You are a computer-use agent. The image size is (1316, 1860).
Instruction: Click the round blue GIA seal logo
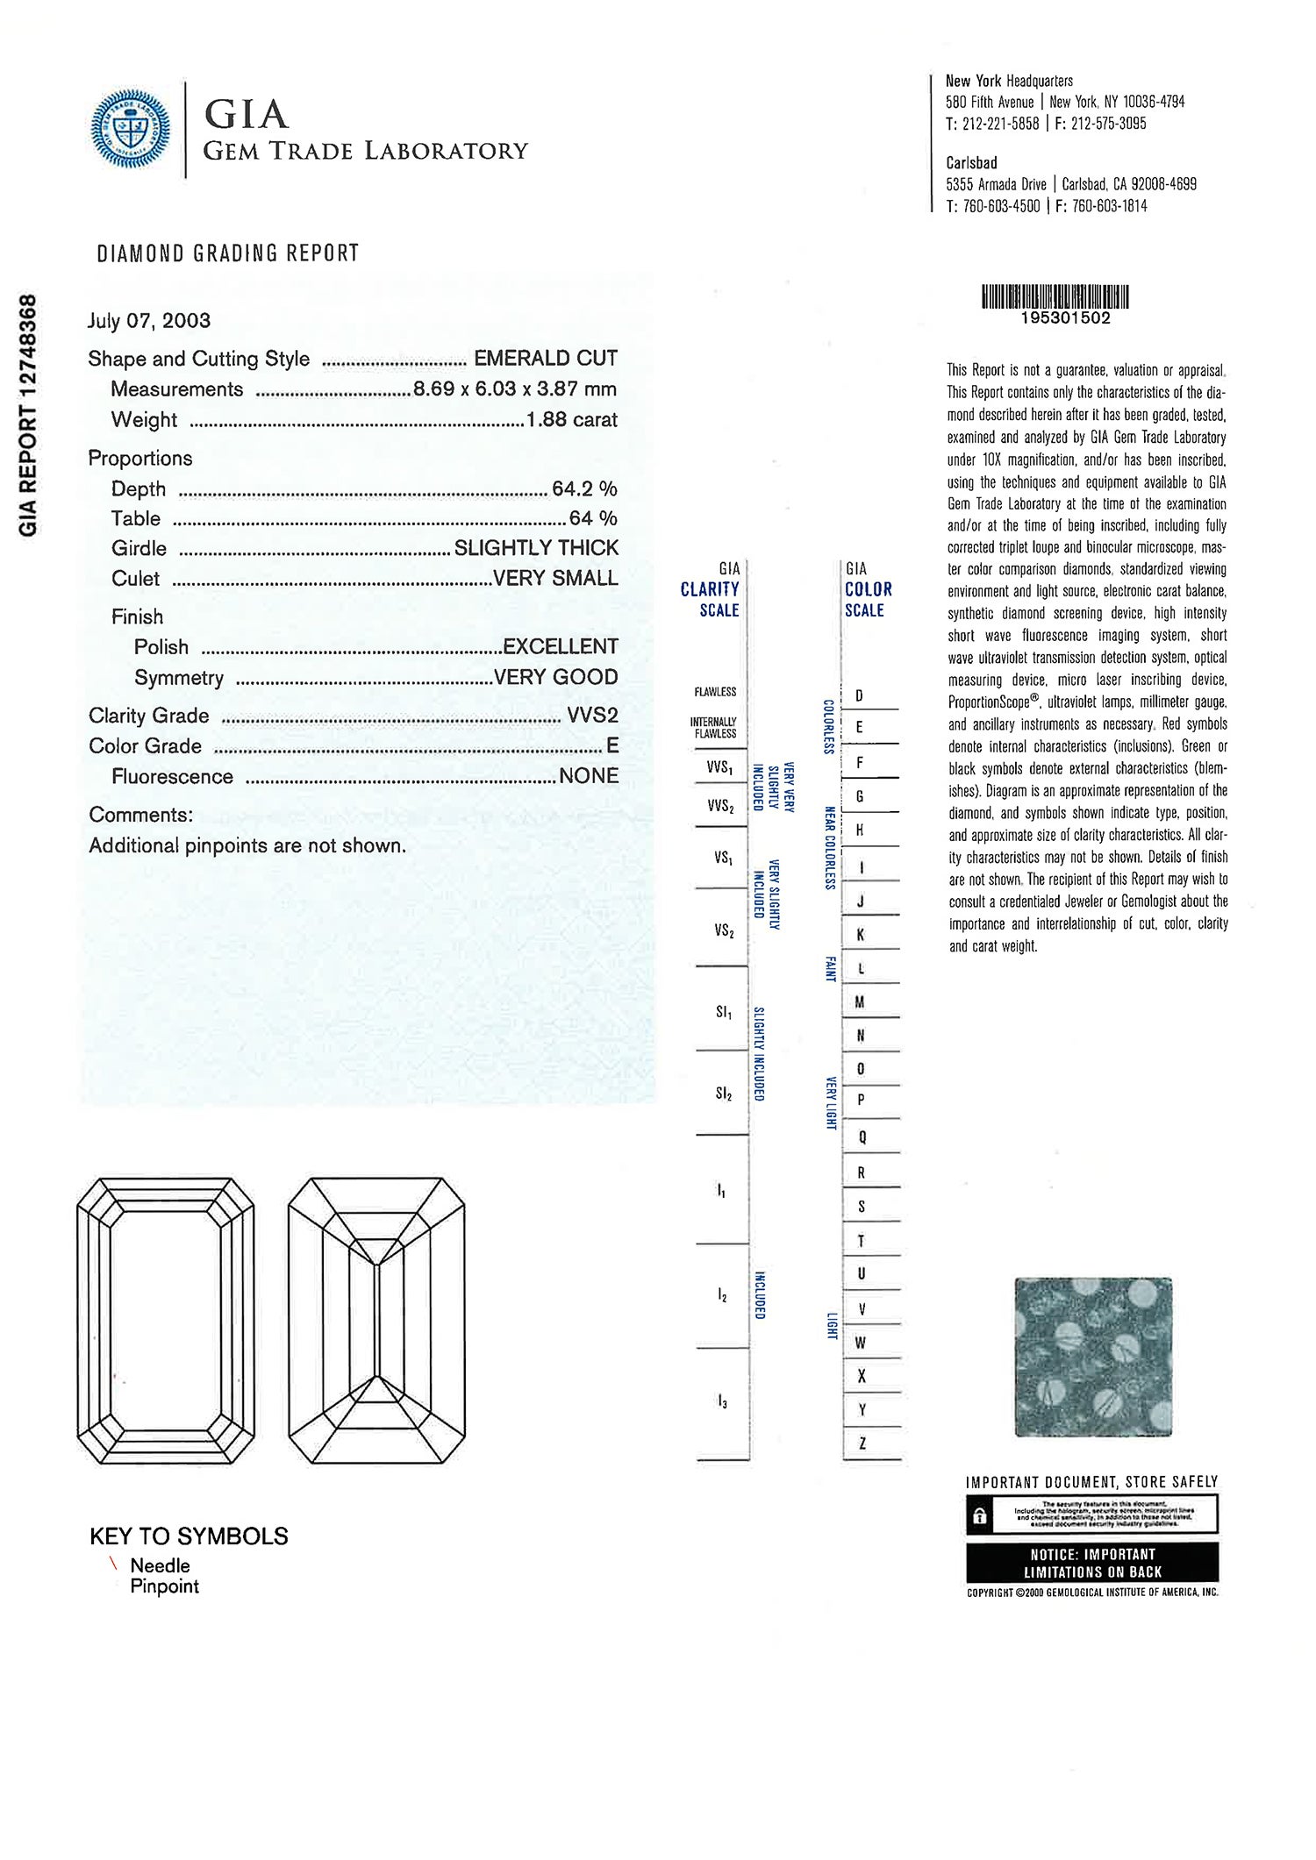point(131,129)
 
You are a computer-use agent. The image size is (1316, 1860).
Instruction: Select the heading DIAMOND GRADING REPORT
point(228,253)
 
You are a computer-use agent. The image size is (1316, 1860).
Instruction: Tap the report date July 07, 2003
point(149,321)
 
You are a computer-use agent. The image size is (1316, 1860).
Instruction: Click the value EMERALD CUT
point(545,359)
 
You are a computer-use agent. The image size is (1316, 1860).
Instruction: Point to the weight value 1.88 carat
point(571,420)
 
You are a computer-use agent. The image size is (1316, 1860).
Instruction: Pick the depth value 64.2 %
point(584,488)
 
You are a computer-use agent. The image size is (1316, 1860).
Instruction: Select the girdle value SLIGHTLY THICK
point(536,548)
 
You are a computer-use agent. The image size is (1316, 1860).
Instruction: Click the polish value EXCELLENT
point(560,647)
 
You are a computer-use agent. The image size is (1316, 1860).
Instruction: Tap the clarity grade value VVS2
point(592,716)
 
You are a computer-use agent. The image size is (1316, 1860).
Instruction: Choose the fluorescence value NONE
point(588,776)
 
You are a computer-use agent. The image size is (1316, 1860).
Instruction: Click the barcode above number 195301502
point(1055,296)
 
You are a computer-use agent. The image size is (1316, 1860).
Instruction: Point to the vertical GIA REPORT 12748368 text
point(28,415)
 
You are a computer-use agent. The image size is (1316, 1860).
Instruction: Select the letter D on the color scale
point(859,696)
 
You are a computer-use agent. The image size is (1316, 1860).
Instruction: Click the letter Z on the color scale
point(862,1443)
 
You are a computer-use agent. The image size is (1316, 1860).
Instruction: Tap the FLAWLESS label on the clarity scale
point(715,692)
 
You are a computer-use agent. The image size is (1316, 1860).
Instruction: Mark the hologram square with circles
point(1093,1356)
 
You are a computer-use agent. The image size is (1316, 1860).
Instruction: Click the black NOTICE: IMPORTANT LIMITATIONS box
point(1092,1562)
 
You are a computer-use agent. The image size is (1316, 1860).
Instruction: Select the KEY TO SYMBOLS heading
point(189,1536)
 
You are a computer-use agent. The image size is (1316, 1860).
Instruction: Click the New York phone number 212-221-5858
point(1000,124)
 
